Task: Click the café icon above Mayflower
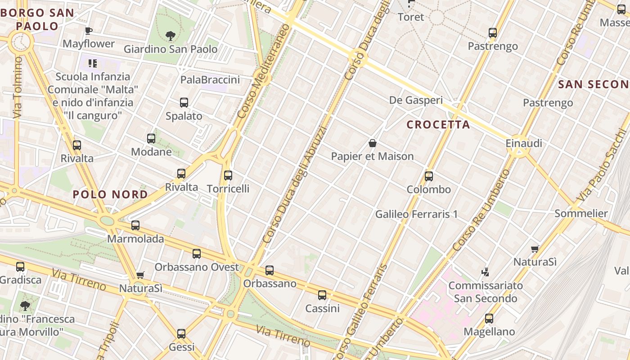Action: pyautogui.click(x=89, y=31)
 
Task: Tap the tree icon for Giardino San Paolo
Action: pyautogui.click(x=170, y=36)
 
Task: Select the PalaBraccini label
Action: pyautogui.click(x=210, y=80)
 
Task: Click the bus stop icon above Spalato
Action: pyautogui.click(x=184, y=103)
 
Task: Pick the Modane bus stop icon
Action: pyautogui.click(x=151, y=139)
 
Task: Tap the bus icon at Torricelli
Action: pyautogui.click(x=228, y=175)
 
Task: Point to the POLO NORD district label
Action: pyautogui.click(x=110, y=194)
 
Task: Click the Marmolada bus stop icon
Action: pyautogui.click(x=135, y=225)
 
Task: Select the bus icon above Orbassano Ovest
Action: pyautogui.click(x=197, y=254)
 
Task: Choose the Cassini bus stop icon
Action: pyautogui.click(x=322, y=295)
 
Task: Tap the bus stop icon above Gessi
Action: pyautogui.click(x=181, y=334)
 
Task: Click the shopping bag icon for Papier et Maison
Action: pyautogui.click(x=373, y=144)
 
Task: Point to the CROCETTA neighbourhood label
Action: pyautogui.click(x=438, y=125)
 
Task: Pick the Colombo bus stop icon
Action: pyautogui.click(x=429, y=176)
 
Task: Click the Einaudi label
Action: pyautogui.click(x=524, y=144)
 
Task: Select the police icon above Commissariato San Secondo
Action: pyautogui.click(x=485, y=272)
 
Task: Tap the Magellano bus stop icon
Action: pyautogui.click(x=489, y=319)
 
